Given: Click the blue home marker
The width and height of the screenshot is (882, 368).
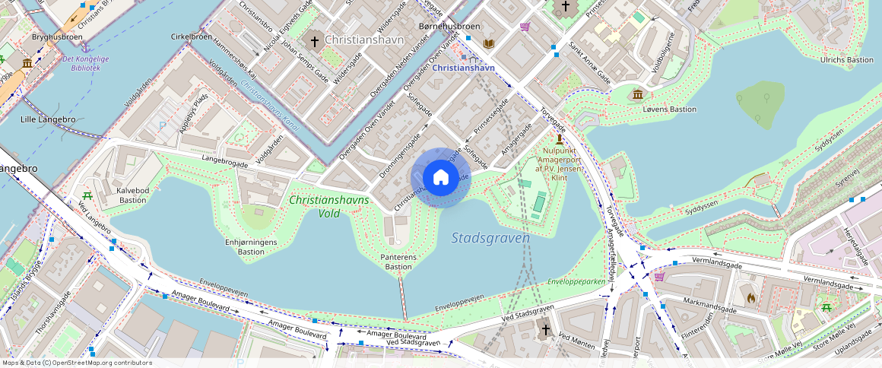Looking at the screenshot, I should tap(441, 178).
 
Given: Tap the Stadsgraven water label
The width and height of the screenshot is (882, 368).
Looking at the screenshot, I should tap(490, 238).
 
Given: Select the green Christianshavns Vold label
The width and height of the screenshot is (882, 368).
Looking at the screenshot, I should tap(329, 206).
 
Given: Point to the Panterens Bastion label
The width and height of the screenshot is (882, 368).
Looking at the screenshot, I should tap(398, 262).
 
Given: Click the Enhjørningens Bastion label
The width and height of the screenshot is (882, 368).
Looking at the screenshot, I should tap(250, 246).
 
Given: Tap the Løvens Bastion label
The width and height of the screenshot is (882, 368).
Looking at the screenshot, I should tap(669, 109).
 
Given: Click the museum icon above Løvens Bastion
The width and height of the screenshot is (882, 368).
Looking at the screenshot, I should tap(637, 94).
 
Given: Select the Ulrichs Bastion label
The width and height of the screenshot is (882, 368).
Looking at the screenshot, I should tap(847, 60).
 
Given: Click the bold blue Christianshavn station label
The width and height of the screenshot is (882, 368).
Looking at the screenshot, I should tap(464, 68).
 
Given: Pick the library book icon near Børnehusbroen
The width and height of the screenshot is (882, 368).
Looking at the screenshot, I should tap(488, 44).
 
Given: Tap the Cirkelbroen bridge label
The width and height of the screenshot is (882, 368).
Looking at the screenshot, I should tap(190, 36).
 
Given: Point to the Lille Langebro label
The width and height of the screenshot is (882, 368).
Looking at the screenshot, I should tap(48, 119).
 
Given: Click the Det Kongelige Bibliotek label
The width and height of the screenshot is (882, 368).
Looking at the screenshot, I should tap(85, 63).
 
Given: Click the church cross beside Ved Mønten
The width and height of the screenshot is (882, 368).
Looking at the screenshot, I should tap(545, 330).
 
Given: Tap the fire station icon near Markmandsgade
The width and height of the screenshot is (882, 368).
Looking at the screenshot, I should tap(751, 299).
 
